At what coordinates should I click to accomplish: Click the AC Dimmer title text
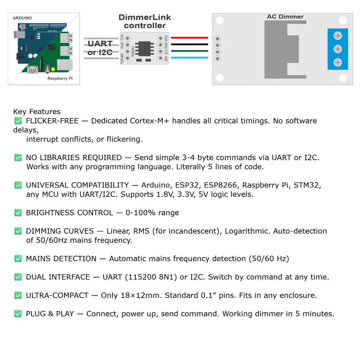pos(285,17)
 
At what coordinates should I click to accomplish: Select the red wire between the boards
pos(190,37)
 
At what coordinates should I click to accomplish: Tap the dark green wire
pos(190,51)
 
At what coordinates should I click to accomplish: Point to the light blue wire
pos(190,58)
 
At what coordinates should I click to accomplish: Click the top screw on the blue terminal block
pos(338,36)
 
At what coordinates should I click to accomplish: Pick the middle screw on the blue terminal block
pos(338,49)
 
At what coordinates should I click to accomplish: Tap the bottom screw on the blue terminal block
pos(338,62)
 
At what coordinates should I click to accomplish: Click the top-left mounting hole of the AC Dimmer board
pos(220,20)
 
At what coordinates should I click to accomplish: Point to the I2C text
pos(105,53)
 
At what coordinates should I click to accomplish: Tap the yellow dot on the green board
pos(53,69)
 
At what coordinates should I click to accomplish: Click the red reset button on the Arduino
pos(22,26)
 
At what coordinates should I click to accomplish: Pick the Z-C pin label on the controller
pos(166,51)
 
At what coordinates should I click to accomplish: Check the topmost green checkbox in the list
pos(19,121)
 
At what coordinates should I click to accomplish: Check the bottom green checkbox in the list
pos(19,313)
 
